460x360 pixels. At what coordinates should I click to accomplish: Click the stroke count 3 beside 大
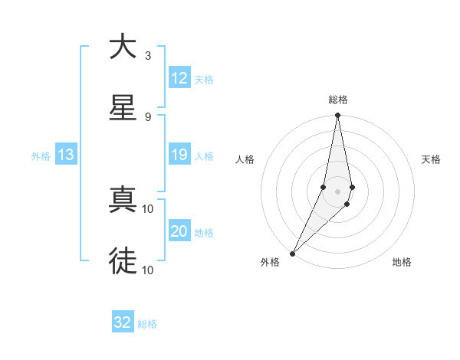pyautogui.click(x=148, y=55)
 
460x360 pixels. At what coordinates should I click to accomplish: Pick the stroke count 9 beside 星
pyautogui.click(x=148, y=116)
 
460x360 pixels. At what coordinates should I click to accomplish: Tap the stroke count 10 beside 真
pyautogui.click(x=148, y=208)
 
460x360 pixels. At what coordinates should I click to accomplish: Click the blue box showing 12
pyautogui.click(x=179, y=78)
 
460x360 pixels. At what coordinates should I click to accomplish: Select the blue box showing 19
pyautogui.click(x=179, y=155)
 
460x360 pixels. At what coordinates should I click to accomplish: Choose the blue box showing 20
pyautogui.click(x=179, y=231)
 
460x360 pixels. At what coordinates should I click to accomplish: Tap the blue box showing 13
pyautogui.click(x=66, y=155)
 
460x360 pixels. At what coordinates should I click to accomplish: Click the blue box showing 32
pyautogui.click(x=123, y=322)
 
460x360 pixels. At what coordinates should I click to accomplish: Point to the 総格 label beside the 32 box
pyautogui.click(x=147, y=324)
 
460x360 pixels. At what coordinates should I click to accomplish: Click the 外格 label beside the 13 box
pyautogui.click(x=41, y=156)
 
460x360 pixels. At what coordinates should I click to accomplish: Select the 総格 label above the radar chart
pyautogui.click(x=338, y=100)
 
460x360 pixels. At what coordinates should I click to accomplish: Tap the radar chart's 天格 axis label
pyautogui.click(x=431, y=159)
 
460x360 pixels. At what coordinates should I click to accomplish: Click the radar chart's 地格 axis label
pyautogui.click(x=402, y=263)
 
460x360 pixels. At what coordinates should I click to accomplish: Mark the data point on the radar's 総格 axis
pyautogui.click(x=337, y=116)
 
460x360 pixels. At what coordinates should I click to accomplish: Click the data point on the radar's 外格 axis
pyautogui.click(x=292, y=253)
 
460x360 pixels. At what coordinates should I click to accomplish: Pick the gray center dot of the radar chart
pyautogui.click(x=337, y=191)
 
